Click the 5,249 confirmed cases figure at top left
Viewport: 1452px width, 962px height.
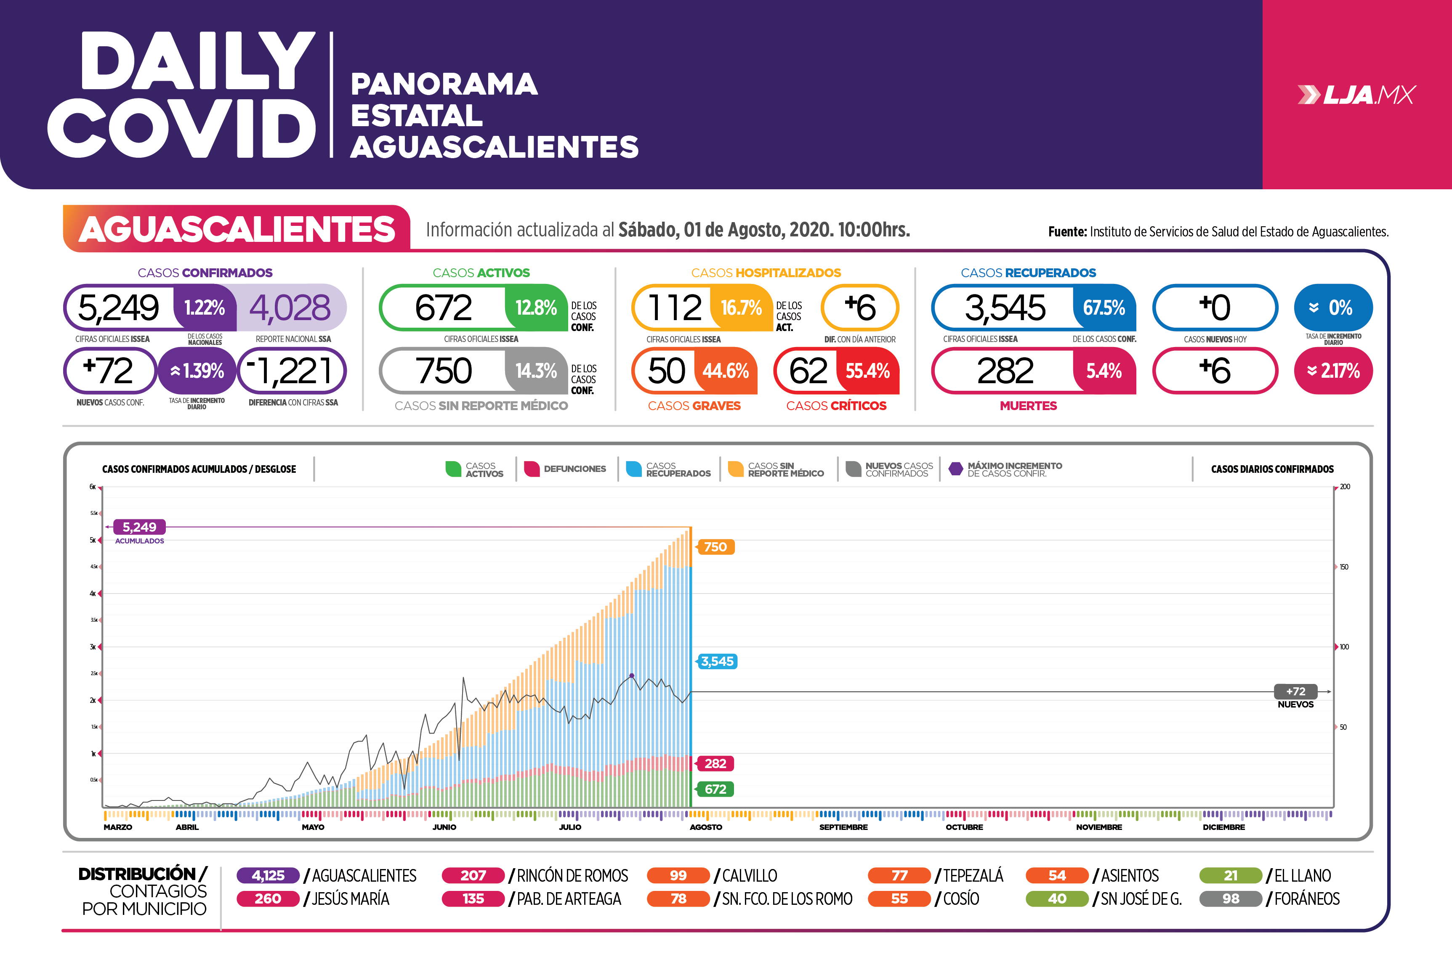118,307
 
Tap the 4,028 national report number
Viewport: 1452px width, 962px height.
290,307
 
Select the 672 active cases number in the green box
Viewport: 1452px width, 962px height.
443,307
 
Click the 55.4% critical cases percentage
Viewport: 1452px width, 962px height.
867,371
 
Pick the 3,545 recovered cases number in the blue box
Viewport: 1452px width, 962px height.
1005,307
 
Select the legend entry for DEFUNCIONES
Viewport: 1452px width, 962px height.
565,469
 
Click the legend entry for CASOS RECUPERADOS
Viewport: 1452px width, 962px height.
668,469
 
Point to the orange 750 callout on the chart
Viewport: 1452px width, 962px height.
715,547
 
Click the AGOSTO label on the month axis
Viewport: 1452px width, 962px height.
706,827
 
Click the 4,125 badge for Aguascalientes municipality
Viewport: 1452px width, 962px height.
268,875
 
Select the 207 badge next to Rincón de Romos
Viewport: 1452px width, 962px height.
473,875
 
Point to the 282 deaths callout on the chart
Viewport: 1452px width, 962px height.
715,763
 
